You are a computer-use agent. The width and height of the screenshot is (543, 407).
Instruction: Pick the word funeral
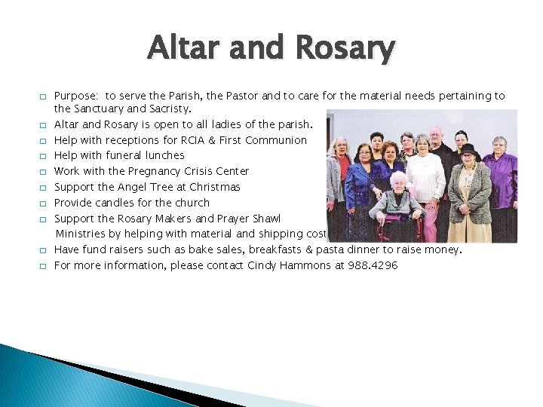[131, 155]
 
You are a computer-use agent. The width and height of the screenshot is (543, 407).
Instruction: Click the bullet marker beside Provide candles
[43, 203]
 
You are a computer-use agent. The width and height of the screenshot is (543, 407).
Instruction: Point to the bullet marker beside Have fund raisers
[43, 250]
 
